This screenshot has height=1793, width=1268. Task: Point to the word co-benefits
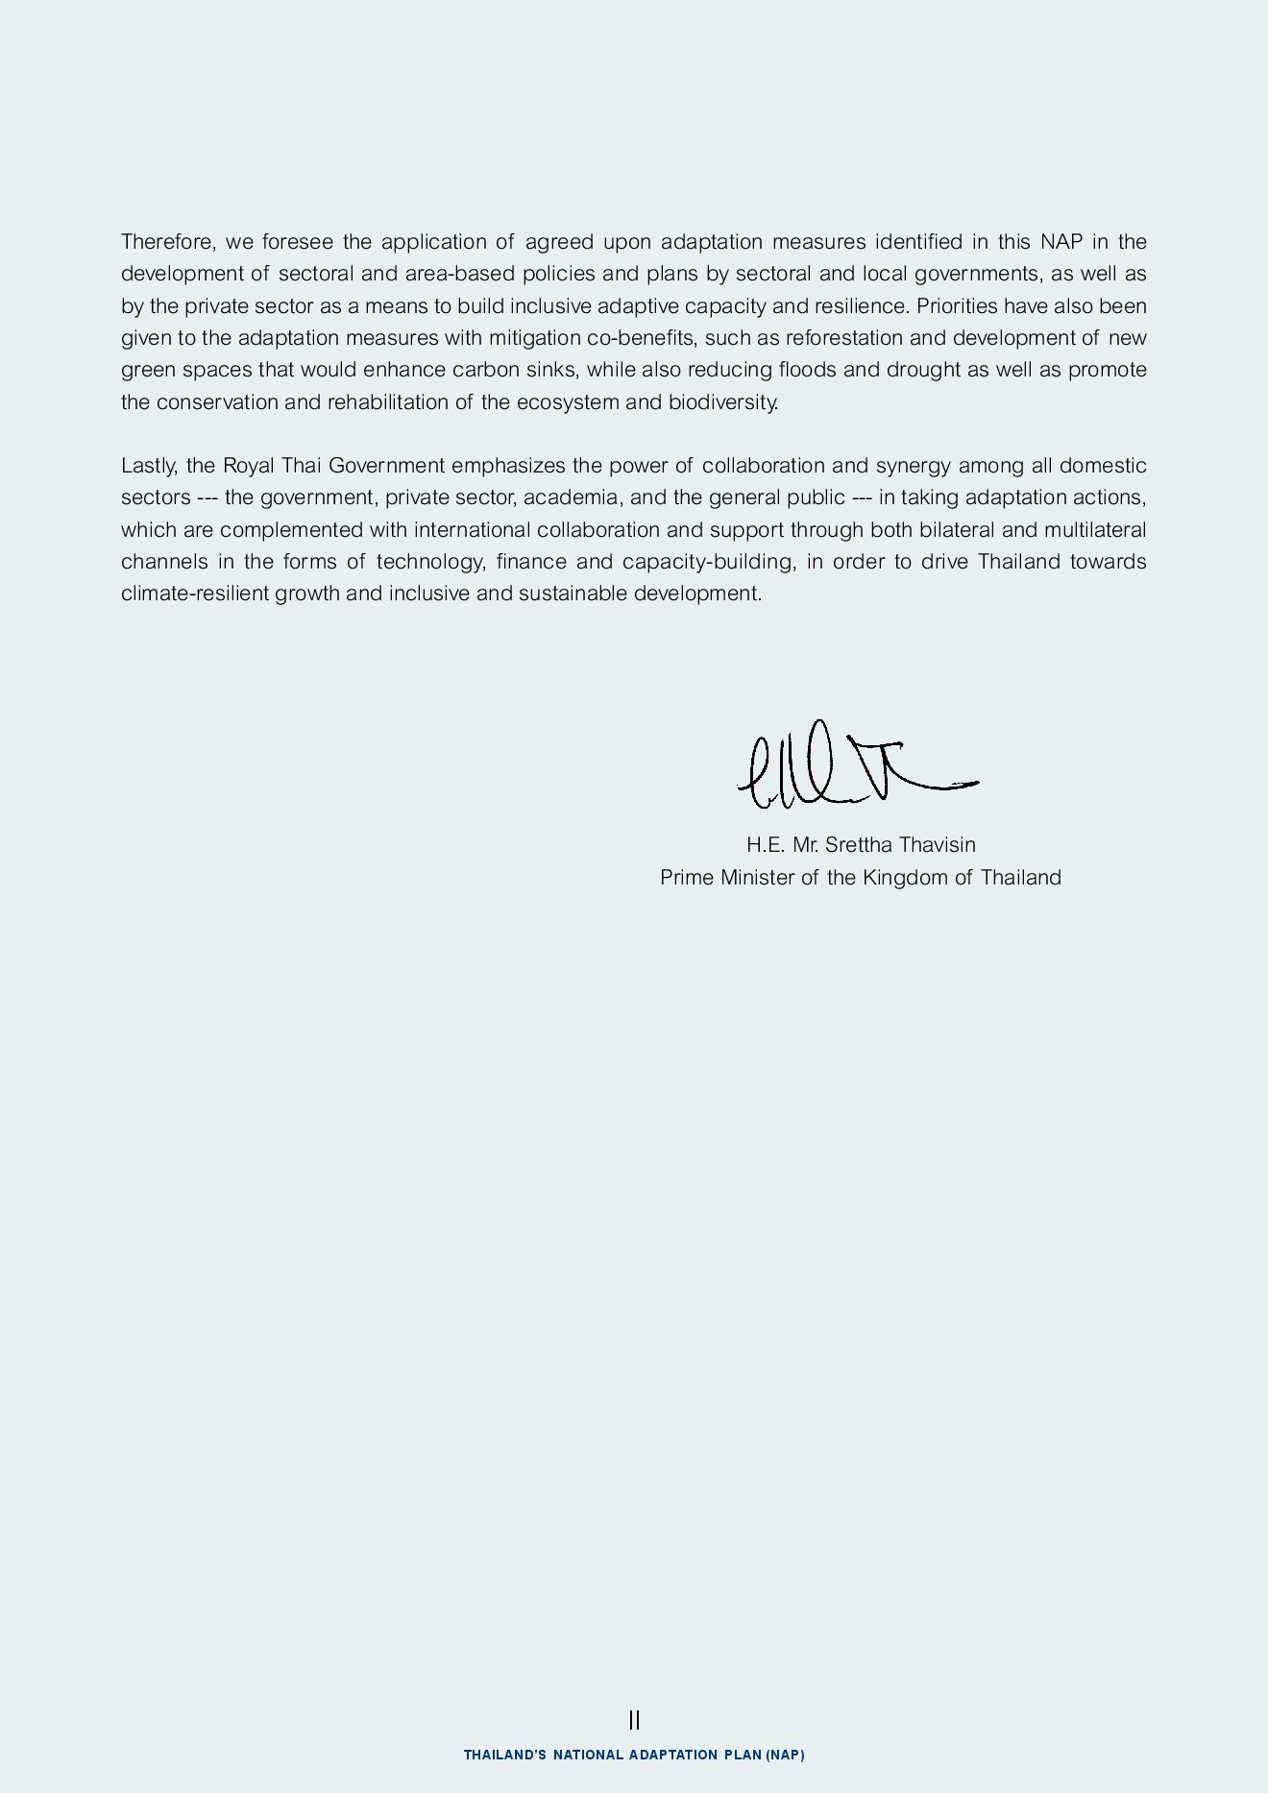(641, 338)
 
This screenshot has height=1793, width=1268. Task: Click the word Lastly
(149, 466)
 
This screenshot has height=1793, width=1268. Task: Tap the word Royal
(249, 466)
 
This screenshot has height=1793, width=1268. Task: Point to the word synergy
(914, 466)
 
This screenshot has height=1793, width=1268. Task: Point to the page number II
(634, 1720)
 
